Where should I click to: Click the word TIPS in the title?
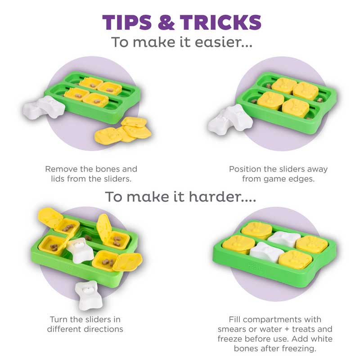click(x=127, y=22)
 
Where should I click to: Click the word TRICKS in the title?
click(x=220, y=22)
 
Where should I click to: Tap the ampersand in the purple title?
click(x=166, y=22)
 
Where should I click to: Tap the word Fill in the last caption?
click(x=234, y=319)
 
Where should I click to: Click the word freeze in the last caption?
click(x=230, y=339)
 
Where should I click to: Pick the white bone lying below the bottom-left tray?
click(x=88, y=295)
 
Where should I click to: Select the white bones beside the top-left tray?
click(x=43, y=108)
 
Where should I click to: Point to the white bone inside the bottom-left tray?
click(x=81, y=250)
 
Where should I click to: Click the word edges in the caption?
click(x=301, y=179)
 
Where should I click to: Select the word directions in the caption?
click(x=103, y=329)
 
